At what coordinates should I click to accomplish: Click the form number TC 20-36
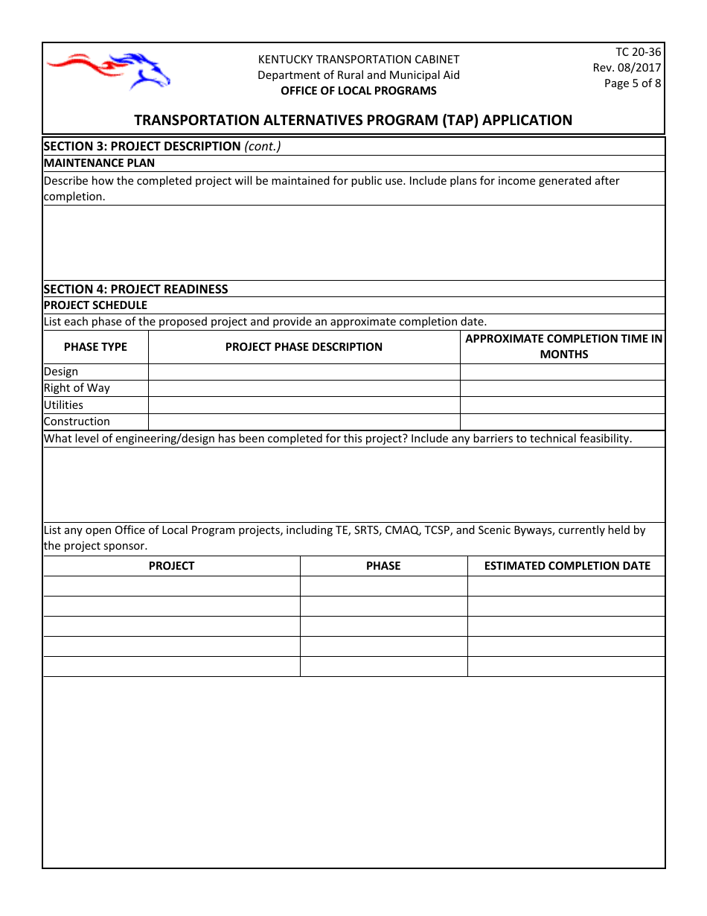[x=638, y=52]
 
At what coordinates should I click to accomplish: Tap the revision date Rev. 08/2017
[x=627, y=68]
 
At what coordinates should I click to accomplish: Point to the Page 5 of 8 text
[x=632, y=83]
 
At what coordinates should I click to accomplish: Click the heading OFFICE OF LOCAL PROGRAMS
[x=358, y=91]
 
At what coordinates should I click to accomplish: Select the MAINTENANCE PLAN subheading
[x=99, y=163]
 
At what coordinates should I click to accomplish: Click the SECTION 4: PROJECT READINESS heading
[x=135, y=289]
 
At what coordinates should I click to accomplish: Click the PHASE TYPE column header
[x=95, y=347]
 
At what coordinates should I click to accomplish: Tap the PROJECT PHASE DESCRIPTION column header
[x=304, y=347]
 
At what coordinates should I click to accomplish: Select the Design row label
[x=61, y=372]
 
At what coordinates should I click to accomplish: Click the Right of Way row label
[x=77, y=388]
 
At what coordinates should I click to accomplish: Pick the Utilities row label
[x=63, y=405]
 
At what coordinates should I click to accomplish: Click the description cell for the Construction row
[x=304, y=422]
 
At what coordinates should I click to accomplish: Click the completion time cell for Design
[x=562, y=372]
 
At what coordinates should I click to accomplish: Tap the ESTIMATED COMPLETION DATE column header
[x=566, y=566]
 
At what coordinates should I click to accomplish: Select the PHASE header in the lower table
[x=383, y=566]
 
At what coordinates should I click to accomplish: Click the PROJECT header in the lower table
[x=171, y=566]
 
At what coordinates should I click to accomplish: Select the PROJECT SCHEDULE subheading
[x=95, y=305]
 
